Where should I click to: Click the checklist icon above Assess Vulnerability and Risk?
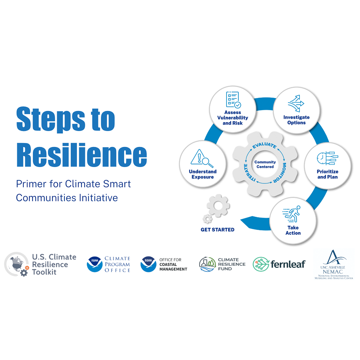pyautogui.click(x=233, y=100)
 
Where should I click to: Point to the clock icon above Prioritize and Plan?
pyautogui.click(x=327, y=158)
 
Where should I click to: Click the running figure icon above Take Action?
pyautogui.click(x=291, y=214)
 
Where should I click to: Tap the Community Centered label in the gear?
pyautogui.click(x=265, y=165)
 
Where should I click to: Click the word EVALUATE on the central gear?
pyautogui.click(x=265, y=145)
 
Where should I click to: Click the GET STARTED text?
pyautogui.click(x=217, y=230)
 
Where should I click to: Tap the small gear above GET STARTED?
pyautogui.click(x=207, y=219)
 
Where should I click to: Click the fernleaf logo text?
pyautogui.click(x=288, y=264)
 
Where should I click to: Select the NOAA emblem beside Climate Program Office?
pyautogui.click(x=95, y=264)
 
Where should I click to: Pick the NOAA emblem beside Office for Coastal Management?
pyautogui.click(x=148, y=264)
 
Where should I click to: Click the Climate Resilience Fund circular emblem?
pyautogui.click(x=207, y=264)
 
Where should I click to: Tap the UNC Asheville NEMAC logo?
pyautogui.click(x=334, y=265)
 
